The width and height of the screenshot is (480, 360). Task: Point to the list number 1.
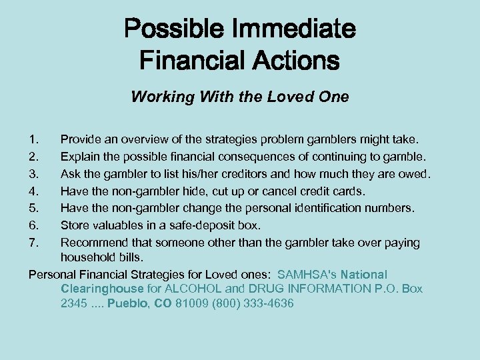tap(35, 139)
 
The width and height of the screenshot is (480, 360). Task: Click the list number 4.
tap(35, 191)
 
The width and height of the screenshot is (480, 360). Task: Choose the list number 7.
tap(35, 243)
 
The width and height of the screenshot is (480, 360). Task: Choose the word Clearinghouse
tap(102, 289)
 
